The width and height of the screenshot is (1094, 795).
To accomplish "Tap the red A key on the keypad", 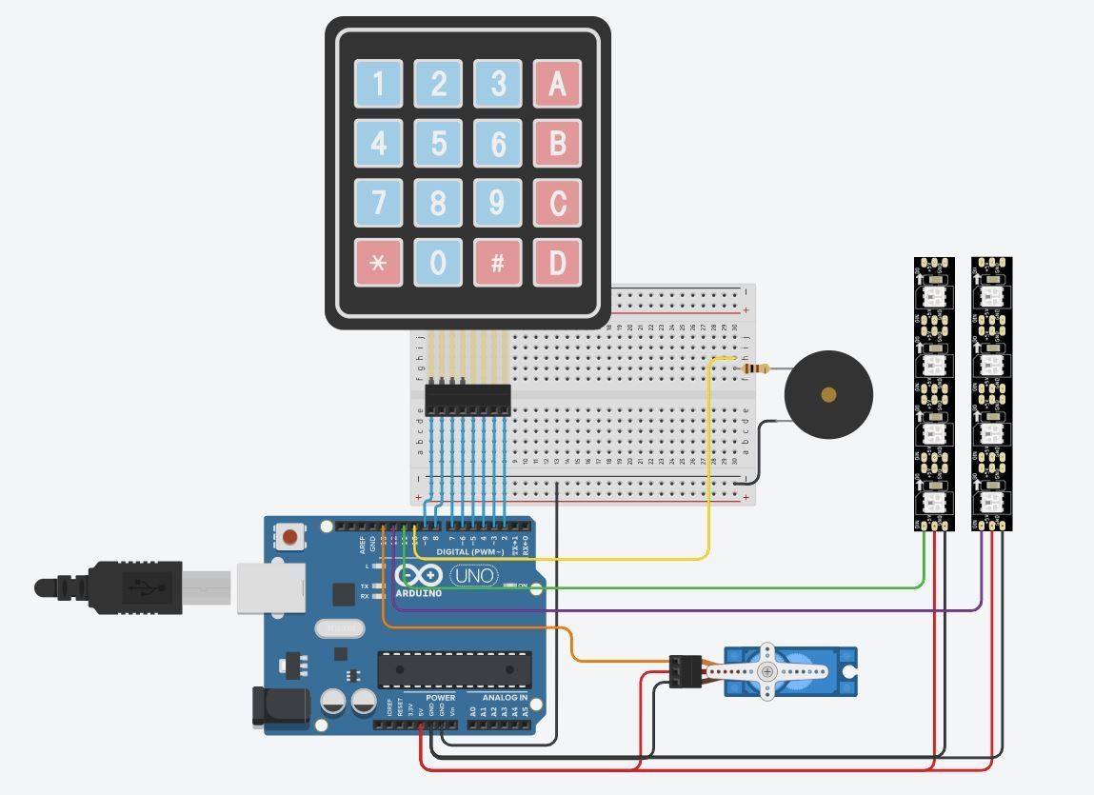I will pyautogui.click(x=557, y=84).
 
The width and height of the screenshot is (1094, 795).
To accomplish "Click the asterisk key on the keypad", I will pyautogui.click(x=378, y=263).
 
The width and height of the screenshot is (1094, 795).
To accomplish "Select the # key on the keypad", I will pyautogui.click(x=497, y=263).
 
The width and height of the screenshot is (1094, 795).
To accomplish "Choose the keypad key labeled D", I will pyautogui.click(x=557, y=263).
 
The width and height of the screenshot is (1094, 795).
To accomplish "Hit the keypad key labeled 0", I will pyautogui.click(x=438, y=263).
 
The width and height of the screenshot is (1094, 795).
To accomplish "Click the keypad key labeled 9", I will pyautogui.click(x=497, y=203).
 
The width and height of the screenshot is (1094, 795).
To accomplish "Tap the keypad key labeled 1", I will pyautogui.click(x=378, y=84).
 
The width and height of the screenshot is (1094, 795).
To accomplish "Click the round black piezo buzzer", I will pyautogui.click(x=827, y=394).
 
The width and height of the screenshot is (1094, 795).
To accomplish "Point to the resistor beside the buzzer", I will pyautogui.click(x=755, y=369).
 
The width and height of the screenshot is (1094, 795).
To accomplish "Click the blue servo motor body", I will pyautogui.click(x=838, y=672).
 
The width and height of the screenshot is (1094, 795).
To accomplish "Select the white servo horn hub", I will pyautogui.click(x=767, y=672).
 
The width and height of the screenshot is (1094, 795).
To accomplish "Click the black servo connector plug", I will pyautogui.click(x=685, y=671).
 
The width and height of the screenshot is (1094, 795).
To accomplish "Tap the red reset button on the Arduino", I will pyautogui.click(x=289, y=538).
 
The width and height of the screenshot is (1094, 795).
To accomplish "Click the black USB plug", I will pyautogui.click(x=133, y=587).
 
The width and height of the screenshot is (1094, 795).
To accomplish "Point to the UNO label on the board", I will pyautogui.click(x=473, y=576).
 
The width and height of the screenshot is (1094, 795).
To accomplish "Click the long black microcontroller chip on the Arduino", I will pyautogui.click(x=454, y=669).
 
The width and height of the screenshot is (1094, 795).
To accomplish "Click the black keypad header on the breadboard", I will pyautogui.click(x=467, y=399).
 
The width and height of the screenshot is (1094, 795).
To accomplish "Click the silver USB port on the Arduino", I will pyautogui.click(x=270, y=588).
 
